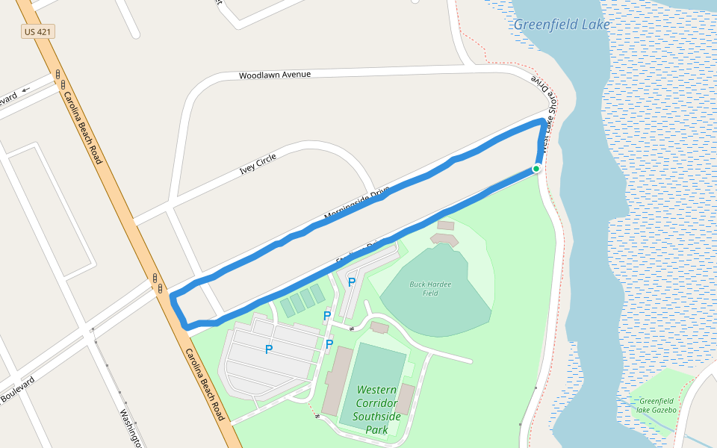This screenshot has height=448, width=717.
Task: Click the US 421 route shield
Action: pyautogui.click(x=38, y=32)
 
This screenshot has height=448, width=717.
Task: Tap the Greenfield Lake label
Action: pyautogui.click(x=562, y=24)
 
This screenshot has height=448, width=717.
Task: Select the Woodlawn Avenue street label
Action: pyautogui.click(x=274, y=75)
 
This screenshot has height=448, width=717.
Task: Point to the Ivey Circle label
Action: pyautogui.click(x=258, y=164)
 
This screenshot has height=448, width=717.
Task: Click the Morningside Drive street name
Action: pyautogui.click(x=357, y=206)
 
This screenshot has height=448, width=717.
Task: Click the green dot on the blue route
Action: pyautogui.click(x=536, y=169)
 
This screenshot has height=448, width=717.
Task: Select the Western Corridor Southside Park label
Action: pyautogui.click(x=376, y=409)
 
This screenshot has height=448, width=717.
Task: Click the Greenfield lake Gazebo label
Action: pyautogui.click(x=657, y=405)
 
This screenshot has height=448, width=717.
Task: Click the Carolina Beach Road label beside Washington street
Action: pyautogui.click(x=205, y=385)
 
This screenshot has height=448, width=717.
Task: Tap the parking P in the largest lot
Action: pyautogui.click(x=269, y=349)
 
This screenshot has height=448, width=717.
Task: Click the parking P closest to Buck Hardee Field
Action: pyautogui.click(x=351, y=282)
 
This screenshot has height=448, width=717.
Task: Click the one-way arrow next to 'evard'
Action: pyautogui.click(x=27, y=90)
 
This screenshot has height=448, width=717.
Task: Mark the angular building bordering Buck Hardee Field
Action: pyautogui.click(x=444, y=239)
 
